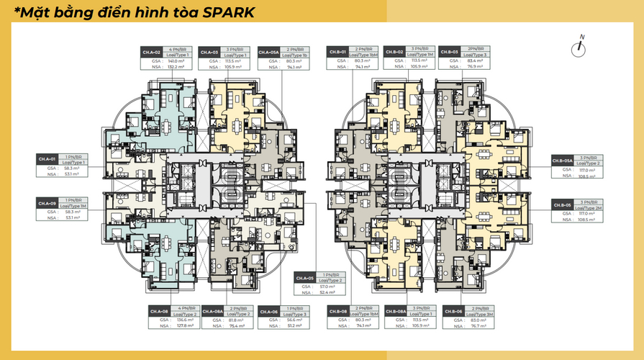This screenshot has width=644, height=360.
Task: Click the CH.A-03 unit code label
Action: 209,53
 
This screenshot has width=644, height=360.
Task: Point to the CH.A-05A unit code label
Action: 269,53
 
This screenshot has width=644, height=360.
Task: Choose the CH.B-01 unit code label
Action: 337,53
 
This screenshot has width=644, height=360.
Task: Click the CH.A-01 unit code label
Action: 47,158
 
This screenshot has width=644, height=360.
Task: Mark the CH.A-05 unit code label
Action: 305,278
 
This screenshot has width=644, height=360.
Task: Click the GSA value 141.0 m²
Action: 175,60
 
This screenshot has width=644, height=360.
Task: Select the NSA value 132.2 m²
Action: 175,67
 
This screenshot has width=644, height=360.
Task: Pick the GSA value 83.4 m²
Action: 476,60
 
